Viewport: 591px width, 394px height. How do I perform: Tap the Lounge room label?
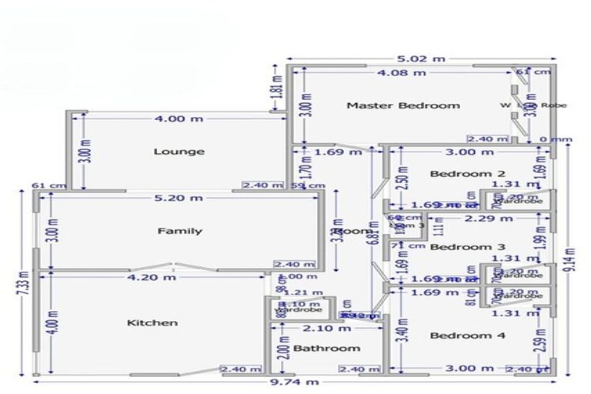(x=179, y=152)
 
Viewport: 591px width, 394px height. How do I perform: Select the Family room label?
(x=180, y=231)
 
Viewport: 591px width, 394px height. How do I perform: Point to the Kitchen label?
(x=152, y=322)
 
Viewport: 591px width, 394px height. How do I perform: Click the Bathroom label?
(x=326, y=349)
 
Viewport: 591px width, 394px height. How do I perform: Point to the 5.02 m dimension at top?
(x=420, y=58)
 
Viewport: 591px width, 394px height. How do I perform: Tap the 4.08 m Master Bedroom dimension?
(x=400, y=73)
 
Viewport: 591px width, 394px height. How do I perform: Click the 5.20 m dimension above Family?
(x=179, y=198)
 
